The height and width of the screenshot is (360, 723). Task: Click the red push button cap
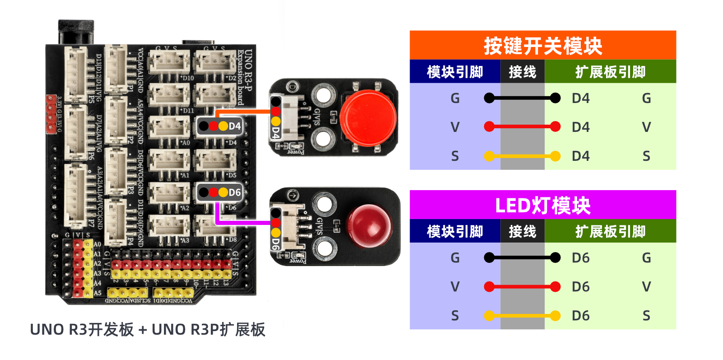pyautogui.click(x=368, y=118)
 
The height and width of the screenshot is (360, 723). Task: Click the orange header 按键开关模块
pyautogui.click(x=542, y=45)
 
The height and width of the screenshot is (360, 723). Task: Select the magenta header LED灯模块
pyautogui.click(x=542, y=205)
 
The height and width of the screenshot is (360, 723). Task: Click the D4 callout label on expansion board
pyautogui.click(x=220, y=126)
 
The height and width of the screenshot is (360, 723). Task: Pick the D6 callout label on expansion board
pyautogui.click(x=220, y=192)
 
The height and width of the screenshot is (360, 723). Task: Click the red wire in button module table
pyautogui.click(x=522, y=127)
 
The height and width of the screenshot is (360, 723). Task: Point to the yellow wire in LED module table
pyautogui.click(x=522, y=316)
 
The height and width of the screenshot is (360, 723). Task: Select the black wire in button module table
pyautogui.click(x=522, y=98)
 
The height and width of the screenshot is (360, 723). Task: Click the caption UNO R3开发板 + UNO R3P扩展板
pyautogui.click(x=147, y=330)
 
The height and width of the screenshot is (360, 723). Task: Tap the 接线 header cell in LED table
pyautogui.click(x=522, y=231)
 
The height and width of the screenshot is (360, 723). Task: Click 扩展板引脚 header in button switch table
pyautogui.click(x=610, y=72)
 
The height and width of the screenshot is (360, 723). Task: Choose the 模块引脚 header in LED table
pyautogui.click(x=455, y=231)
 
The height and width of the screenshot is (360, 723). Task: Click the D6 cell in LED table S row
pyautogui.click(x=580, y=316)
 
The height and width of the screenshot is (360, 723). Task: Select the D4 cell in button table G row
pyautogui.click(x=580, y=98)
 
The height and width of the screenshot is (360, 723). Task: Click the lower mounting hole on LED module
pyautogui.click(x=324, y=248)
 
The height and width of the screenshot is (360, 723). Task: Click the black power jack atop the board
pyautogui.click(x=76, y=32)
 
